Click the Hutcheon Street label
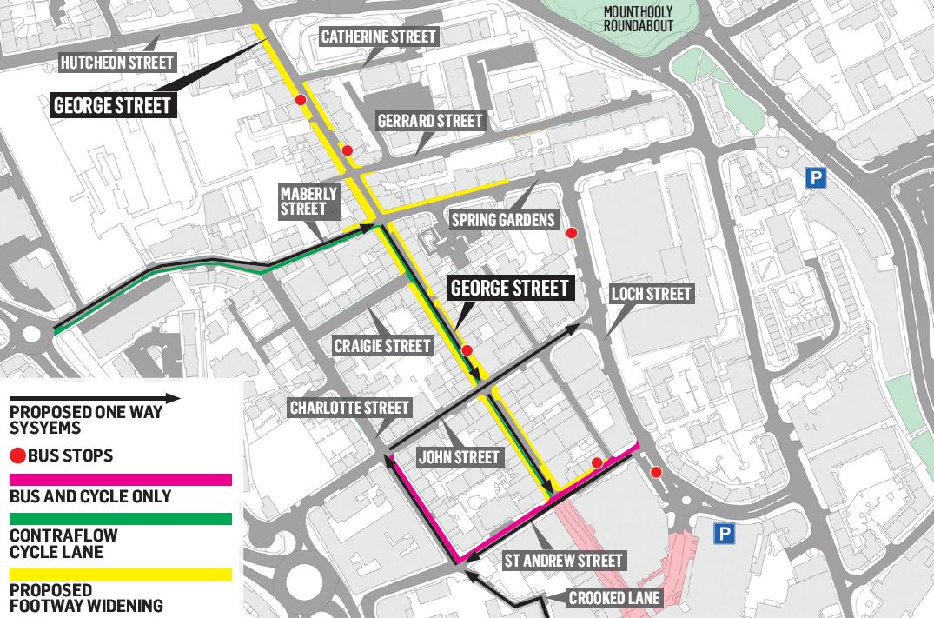pos(116,63)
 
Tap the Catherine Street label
pos(378,37)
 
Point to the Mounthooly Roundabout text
pos(639,18)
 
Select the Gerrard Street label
pos(429,121)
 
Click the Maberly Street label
pos(303,201)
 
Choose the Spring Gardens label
pos(502,220)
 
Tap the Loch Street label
pos(652,294)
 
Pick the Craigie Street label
pos(382,346)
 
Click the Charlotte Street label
pos(349,408)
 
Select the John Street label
pos(459,457)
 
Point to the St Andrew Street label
pos(564,560)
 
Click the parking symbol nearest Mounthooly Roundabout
pos(815,179)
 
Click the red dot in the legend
pos(17,455)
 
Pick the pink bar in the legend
pos(120,479)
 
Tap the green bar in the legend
pos(120,519)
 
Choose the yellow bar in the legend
pos(120,575)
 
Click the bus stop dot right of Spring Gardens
pos(572,232)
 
